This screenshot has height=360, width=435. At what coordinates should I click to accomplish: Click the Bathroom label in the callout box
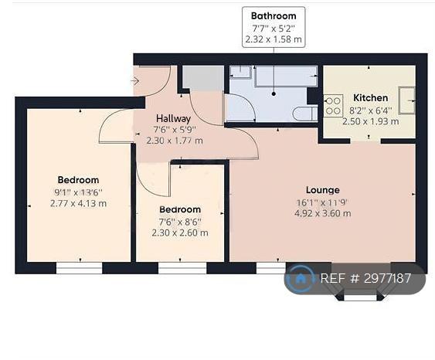tap(274, 15)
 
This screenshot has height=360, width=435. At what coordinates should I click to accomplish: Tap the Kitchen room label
tap(370, 98)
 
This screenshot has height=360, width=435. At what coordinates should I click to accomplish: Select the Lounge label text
tap(323, 190)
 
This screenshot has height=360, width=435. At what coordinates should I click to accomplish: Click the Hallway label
tap(173, 119)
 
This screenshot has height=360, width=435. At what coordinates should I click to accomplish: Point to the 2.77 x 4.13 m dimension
tap(78, 204)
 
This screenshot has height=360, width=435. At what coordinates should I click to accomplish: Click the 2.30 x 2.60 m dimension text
tap(180, 233)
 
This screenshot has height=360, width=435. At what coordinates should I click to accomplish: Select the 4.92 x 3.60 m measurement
tap(323, 213)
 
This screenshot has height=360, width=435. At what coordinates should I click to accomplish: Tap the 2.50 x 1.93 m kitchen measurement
tap(371, 121)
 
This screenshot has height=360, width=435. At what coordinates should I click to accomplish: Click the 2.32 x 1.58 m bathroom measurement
tap(274, 39)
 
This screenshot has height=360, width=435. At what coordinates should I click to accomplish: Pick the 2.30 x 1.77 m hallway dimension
tap(175, 141)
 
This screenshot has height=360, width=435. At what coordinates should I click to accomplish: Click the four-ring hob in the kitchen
tap(333, 106)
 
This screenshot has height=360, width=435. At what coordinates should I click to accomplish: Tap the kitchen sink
tap(406, 100)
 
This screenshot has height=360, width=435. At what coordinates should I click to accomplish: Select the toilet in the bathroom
tap(305, 114)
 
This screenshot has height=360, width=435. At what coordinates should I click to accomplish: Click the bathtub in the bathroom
tap(286, 76)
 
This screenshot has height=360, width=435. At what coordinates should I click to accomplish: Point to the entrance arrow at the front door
tap(134, 81)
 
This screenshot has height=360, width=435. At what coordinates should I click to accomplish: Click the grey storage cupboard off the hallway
tap(202, 78)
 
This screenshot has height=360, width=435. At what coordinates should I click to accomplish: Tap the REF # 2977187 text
tap(365, 278)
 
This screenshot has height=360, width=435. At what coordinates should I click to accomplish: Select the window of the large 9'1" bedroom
tap(80, 268)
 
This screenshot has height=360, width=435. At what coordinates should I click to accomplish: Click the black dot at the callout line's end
tap(274, 94)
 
